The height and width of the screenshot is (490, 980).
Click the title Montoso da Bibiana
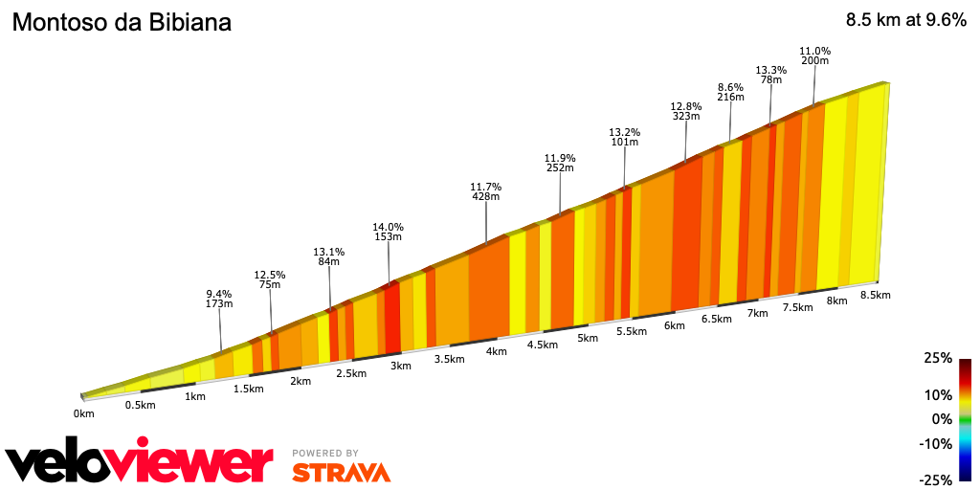(x=122, y=22)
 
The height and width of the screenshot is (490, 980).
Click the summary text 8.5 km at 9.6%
(x=905, y=20)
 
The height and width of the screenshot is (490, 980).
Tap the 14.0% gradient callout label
(x=388, y=233)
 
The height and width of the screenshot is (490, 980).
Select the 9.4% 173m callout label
(x=219, y=299)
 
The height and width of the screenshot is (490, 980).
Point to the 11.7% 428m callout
(x=486, y=191)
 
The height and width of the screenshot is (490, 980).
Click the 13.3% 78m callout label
(x=770, y=75)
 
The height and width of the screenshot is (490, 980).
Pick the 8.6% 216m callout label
(x=730, y=92)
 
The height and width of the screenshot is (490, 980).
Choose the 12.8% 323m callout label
(x=686, y=111)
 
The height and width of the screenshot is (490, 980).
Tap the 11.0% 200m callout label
(x=814, y=56)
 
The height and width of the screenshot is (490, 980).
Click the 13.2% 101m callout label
(x=624, y=137)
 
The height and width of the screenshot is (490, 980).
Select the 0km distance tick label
(x=84, y=413)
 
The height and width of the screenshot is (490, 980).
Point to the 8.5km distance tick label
(x=875, y=295)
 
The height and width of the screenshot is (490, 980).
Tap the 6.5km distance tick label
(x=717, y=319)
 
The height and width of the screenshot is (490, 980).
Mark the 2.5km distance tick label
(x=351, y=373)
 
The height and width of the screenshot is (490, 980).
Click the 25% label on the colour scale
(x=938, y=358)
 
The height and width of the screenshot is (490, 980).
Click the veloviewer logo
(x=140, y=463)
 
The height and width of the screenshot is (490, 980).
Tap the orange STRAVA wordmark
(x=341, y=472)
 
